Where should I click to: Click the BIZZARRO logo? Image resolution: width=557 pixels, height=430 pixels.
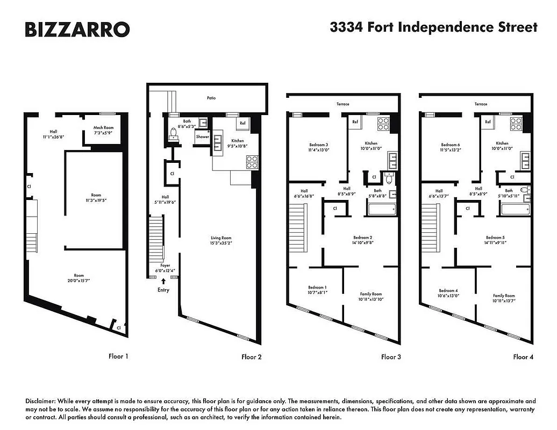(x=77, y=29)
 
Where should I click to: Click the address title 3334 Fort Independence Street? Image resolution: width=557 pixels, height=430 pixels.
(x=433, y=27)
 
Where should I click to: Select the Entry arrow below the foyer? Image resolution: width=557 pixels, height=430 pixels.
(x=163, y=281)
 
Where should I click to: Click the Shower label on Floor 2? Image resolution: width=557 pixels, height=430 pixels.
(x=202, y=137)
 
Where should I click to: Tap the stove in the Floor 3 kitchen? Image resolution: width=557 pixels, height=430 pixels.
(x=384, y=124)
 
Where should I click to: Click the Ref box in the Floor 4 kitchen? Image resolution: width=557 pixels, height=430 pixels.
(x=488, y=123)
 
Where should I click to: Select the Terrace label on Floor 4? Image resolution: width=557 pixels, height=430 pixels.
(x=481, y=104)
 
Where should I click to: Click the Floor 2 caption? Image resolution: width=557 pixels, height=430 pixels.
(x=251, y=357)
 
